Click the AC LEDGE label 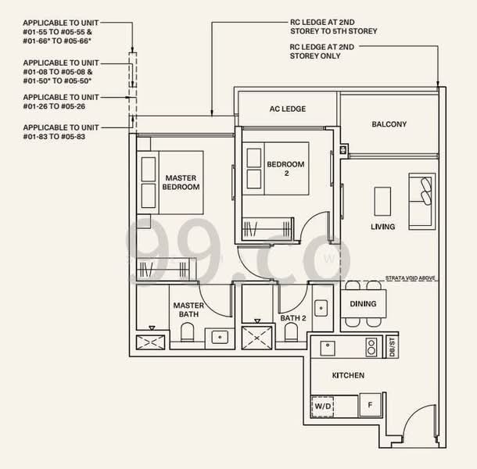click(x=288, y=109)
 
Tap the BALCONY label click(x=389, y=124)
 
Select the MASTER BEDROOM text click(x=181, y=182)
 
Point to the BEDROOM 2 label click(x=285, y=169)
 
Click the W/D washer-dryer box click(x=322, y=406)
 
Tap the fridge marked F click(x=370, y=405)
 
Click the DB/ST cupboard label click(x=392, y=347)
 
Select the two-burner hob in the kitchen click(x=371, y=347)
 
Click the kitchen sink click(x=328, y=348)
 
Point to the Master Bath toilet click(x=187, y=332)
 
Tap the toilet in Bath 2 click(x=291, y=332)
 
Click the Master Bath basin click(x=220, y=337)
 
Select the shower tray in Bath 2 click(x=256, y=338)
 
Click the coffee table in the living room click(x=382, y=202)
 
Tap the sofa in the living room click(x=422, y=202)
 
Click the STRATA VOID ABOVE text click(x=410, y=278)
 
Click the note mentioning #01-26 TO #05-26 click(x=61, y=102)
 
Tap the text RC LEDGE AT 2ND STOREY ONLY click(x=322, y=52)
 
